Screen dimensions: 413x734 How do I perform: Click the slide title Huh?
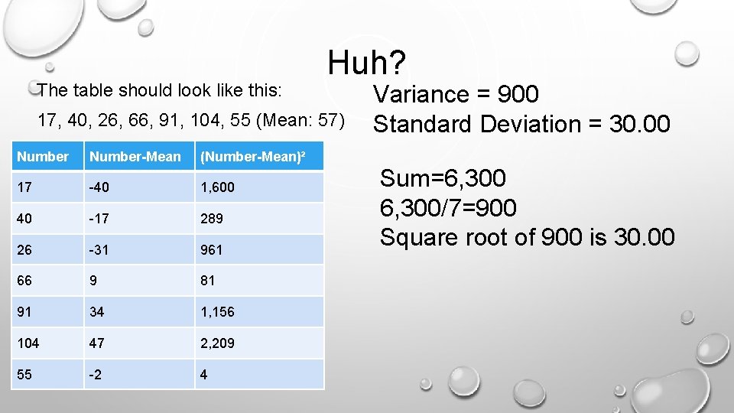coord(368,62)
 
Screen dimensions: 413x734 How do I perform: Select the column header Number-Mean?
coord(135,157)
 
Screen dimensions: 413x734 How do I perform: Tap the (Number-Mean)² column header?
coord(252,157)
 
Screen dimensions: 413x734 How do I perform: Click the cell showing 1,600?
coord(217,187)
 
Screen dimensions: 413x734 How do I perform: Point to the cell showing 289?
coord(212,219)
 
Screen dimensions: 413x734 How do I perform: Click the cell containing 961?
coord(212,250)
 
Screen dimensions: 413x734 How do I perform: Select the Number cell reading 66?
coord(25,281)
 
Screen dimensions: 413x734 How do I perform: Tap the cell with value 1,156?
coord(217,312)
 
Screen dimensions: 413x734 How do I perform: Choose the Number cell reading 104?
coord(28,343)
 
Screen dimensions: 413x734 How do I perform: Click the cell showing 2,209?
coord(218,343)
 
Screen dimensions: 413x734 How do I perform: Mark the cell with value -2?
coord(97,375)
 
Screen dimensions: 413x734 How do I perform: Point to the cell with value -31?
coord(100,250)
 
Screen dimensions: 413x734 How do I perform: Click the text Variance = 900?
coord(456,94)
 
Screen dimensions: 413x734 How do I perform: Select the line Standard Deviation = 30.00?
coord(521,123)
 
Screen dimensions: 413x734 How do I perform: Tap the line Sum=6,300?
coord(443,178)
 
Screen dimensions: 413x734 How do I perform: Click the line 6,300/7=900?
coord(448,207)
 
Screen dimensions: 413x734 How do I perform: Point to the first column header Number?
coord(43,157)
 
